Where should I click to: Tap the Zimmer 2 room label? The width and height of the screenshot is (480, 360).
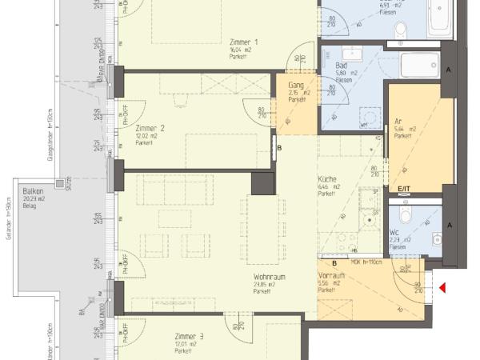click(150, 128)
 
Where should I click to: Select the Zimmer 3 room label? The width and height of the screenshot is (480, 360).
click(190, 336)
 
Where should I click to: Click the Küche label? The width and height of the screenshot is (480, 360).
click(328, 181)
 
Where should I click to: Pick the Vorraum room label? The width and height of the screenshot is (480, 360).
click(331, 275)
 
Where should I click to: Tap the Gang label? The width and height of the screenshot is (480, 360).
click(296, 85)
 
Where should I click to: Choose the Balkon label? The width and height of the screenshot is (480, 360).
click(33, 193)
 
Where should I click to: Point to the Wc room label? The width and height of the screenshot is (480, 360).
click(394, 232)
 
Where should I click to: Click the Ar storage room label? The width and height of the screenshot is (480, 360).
click(398, 121)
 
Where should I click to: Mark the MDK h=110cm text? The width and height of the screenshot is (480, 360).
click(366, 262)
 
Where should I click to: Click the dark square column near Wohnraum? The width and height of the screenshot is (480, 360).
click(262, 183)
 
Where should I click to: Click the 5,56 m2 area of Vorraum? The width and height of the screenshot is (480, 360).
click(328, 282)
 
